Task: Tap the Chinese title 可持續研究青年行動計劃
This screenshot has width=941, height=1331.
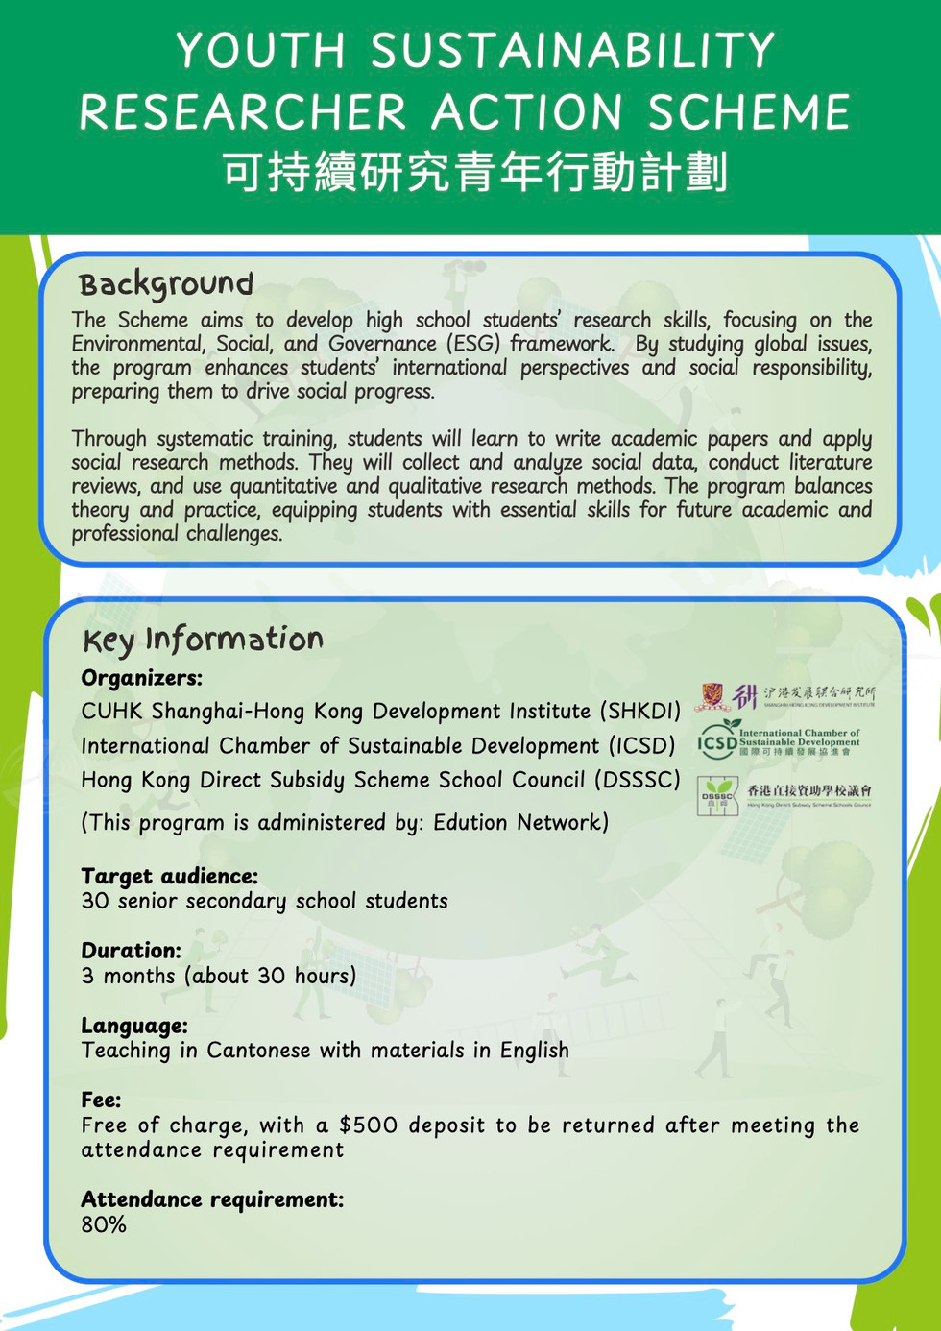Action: pos(474,172)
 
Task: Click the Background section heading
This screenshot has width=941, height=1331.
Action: pos(166,284)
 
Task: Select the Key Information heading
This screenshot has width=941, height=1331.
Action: pos(203,640)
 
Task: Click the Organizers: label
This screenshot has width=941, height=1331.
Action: pos(141,678)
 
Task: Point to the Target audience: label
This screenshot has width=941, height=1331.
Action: pos(169,876)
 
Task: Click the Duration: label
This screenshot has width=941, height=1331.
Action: pos(131,951)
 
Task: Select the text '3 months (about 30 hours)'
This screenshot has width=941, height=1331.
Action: pos(218,977)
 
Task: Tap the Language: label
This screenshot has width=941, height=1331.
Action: pos(133,1026)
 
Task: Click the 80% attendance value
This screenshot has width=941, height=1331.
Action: pos(104,1225)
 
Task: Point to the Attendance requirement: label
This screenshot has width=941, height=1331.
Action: pos(211,1199)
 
